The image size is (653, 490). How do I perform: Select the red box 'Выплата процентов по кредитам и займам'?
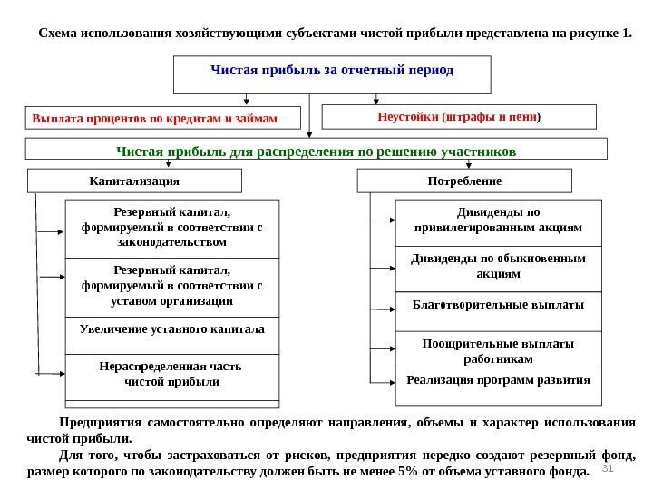[153, 118]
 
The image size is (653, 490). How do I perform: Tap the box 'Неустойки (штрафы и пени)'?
[460, 117]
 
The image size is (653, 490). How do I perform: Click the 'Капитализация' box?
[135, 181]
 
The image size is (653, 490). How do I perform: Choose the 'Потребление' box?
[466, 181]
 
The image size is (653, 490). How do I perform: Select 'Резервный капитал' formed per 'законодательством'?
[172, 227]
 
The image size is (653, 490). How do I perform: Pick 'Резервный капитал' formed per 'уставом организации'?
[172, 286]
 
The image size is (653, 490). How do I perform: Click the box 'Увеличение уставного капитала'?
[172, 328]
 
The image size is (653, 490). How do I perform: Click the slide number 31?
[609, 468]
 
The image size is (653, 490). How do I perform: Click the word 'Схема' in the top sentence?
[58, 34]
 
